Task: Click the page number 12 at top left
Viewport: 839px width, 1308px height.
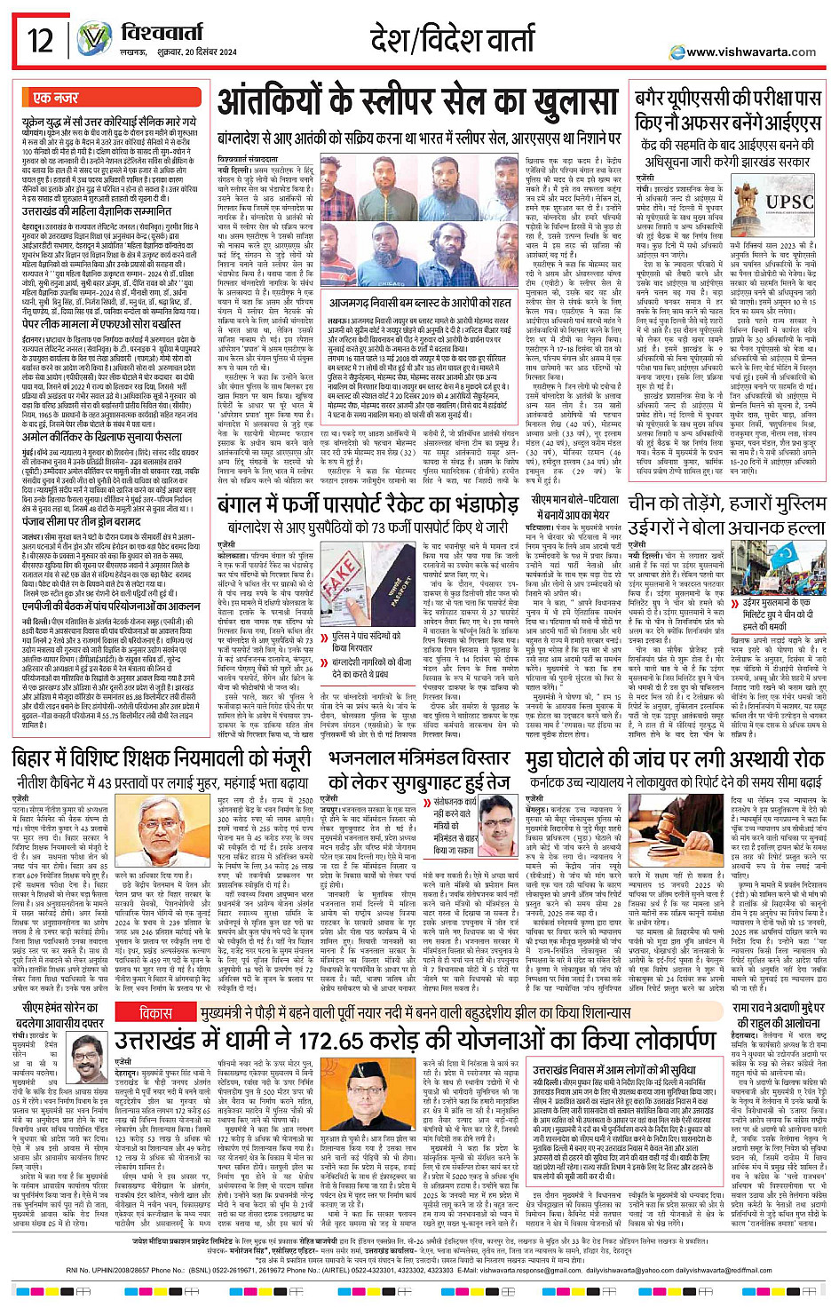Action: click(x=39, y=41)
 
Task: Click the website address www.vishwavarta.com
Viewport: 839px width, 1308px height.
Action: click(x=751, y=52)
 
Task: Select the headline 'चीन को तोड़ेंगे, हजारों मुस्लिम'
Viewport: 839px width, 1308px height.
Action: click(x=727, y=503)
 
